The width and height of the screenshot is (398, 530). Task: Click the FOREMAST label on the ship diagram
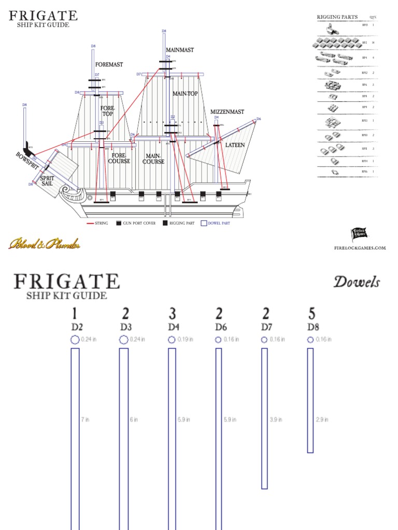(x=109, y=65)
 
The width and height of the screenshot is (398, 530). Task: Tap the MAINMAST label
(x=180, y=50)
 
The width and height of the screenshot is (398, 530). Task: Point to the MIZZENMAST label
(x=227, y=112)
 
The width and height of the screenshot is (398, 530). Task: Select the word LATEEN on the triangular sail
(x=235, y=145)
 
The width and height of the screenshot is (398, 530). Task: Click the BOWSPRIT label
(x=27, y=162)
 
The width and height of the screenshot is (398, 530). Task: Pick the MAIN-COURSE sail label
(x=153, y=158)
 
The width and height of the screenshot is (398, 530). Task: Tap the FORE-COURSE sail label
(x=119, y=158)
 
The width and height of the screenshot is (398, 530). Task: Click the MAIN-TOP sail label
(x=185, y=94)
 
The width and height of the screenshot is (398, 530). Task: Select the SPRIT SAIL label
(x=47, y=181)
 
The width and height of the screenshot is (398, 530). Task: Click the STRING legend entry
(x=99, y=224)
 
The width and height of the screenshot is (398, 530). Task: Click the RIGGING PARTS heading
(x=337, y=17)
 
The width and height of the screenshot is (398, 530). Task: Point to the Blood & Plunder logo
(x=44, y=244)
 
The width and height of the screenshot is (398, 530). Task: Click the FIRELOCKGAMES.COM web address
(x=360, y=248)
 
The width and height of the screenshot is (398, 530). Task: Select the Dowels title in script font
(x=357, y=283)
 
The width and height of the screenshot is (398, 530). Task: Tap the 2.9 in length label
(x=322, y=420)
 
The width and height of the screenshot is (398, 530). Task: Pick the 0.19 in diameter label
(x=184, y=340)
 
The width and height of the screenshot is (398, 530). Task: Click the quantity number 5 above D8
(x=312, y=314)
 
